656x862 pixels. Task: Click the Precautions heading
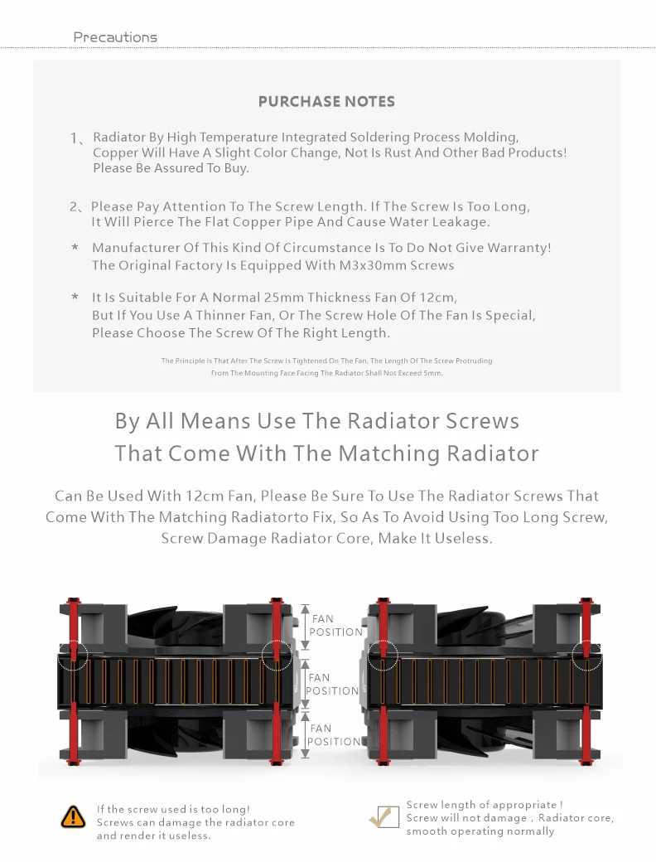pyautogui.click(x=115, y=37)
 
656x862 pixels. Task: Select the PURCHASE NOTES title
pyautogui.click(x=326, y=102)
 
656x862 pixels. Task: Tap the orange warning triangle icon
pyautogui.click(x=73, y=816)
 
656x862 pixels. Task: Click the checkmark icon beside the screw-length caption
pyautogui.click(x=383, y=816)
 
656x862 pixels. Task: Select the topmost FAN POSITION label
pyautogui.click(x=335, y=625)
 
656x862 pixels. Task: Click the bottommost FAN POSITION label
pyautogui.click(x=334, y=735)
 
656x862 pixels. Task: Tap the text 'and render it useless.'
pyautogui.click(x=154, y=835)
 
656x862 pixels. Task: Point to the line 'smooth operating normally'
pyautogui.click(x=480, y=831)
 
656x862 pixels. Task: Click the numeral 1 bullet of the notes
pyautogui.click(x=74, y=138)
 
